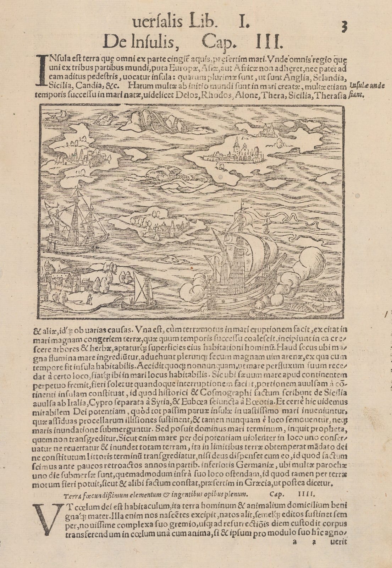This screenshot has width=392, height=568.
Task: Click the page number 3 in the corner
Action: tap(343, 27)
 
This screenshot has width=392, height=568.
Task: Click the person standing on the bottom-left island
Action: tap(89, 298)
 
